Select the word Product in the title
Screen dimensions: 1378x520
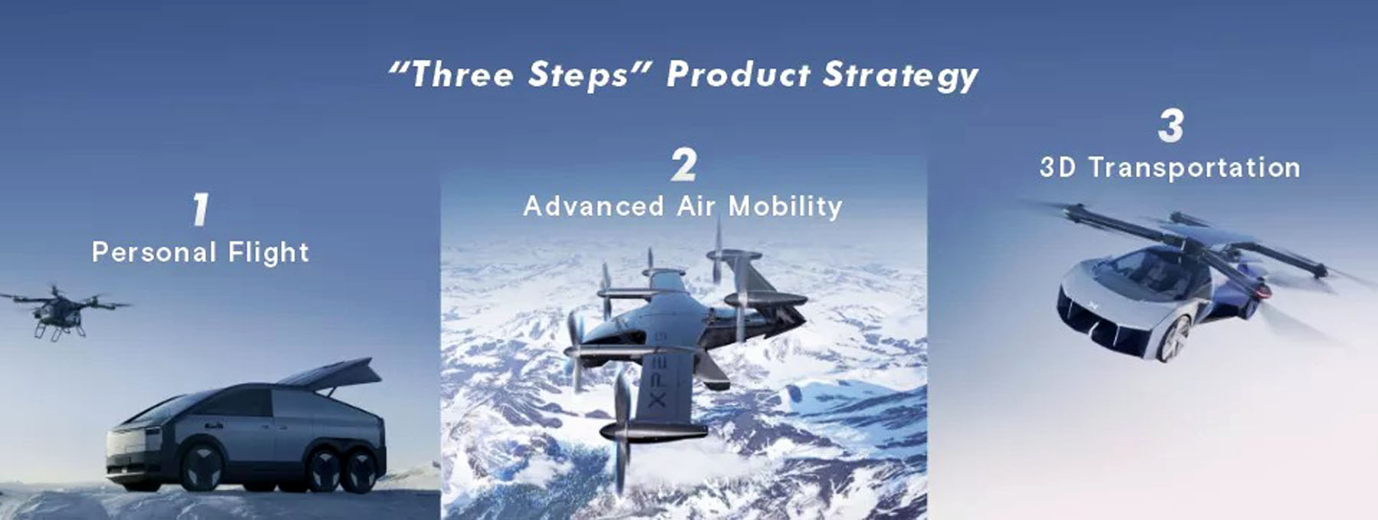pyautogui.click(x=738, y=74)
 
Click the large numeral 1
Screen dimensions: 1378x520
pyautogui.click(x=200, y=209)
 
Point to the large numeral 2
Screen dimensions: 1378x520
pyautogui.click(x=684, y=165)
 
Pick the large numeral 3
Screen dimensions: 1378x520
pyautogui.click(x=1171, y=126)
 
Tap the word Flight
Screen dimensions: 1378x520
pyautogui.click(x=258, y=253)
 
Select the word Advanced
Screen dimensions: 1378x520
pyautogui.click(x=593, y=206)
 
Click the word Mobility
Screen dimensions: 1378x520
pyautogui.click(x=785, y=207)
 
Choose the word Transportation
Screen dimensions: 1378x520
pyautogui.click(x=1194, y=168)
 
